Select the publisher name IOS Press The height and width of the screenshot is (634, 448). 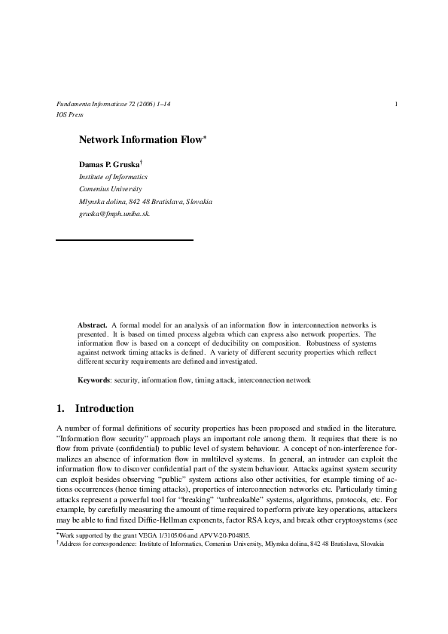(69, 114)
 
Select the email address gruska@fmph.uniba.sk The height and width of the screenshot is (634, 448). (114, 214)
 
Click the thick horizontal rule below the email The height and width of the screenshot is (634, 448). (125, 239)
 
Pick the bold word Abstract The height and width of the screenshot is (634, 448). (93, 325)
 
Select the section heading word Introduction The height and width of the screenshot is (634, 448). (105, 409)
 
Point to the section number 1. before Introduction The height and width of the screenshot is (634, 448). (61, 409)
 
